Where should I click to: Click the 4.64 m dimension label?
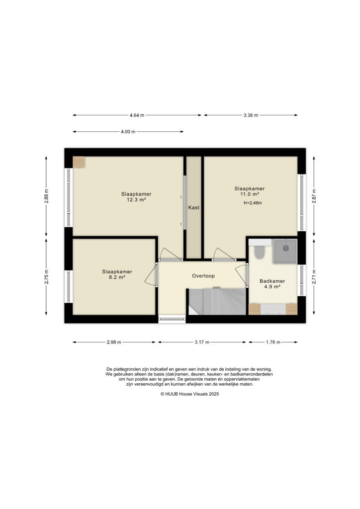(x=137, y=115)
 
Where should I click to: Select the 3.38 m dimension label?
(x=251, y=115)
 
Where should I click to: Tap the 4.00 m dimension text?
(x=128, y=132)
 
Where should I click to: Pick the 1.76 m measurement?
(x=273, y=342)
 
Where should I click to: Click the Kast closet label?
(x=193, y=207)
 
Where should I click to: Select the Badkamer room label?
(x=271, y=281)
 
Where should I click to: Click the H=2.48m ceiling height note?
(x=253, y=203)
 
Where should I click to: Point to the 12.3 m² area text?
(x=136, y=200)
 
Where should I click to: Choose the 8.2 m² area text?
(x=117, y=277)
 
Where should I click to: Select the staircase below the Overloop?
(x=217, y=301)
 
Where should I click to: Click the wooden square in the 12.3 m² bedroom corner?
(x=79, y=162)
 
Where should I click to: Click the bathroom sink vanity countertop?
(x=273, y=309)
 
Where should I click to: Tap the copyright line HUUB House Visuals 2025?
(x=189, y=394)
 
